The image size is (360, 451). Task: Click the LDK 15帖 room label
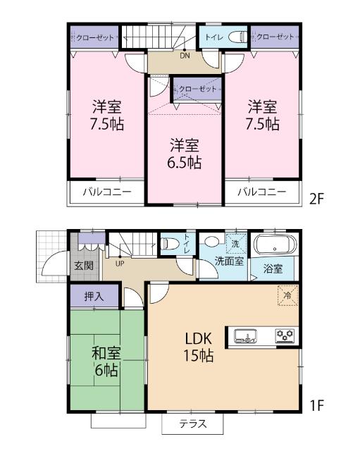[199, 346]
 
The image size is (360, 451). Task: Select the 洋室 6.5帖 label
[185, 154]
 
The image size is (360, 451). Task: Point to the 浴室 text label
[273, 268]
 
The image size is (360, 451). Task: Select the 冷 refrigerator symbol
[287, 295]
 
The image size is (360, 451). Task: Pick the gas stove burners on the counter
[284, 336]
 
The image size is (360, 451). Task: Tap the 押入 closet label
[95, 296]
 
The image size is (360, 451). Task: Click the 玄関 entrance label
[83, 266]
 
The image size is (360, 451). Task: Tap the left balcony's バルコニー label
[104, 192]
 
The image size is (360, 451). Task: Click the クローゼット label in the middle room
[197, 89]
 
